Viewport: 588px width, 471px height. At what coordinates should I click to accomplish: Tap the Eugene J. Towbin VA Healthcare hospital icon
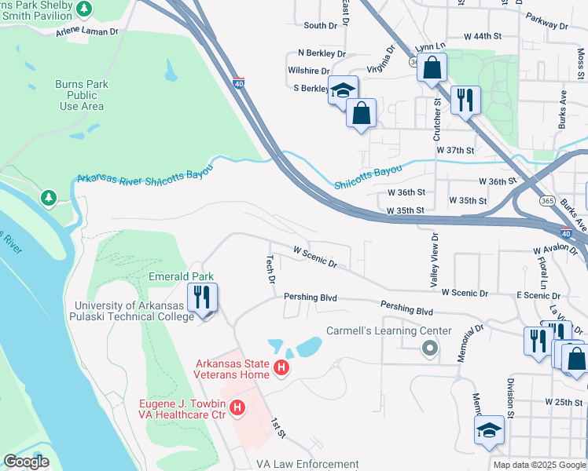coord(237,408)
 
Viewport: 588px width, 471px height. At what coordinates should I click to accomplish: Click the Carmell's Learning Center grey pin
coord(429,347)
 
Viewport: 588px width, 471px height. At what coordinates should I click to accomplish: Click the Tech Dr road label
coord(270,269)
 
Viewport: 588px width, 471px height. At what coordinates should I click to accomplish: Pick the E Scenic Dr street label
coord(538,295)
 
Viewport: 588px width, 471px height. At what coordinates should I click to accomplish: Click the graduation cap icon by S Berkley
coord(343,90)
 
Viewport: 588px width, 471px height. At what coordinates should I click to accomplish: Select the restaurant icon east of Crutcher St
coord(465,100)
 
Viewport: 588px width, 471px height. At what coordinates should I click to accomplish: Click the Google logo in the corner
coord(26,462)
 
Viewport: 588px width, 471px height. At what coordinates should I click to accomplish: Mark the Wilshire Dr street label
coord(308,71)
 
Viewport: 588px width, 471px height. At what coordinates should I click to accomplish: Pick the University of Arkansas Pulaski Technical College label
coord(134,312)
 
